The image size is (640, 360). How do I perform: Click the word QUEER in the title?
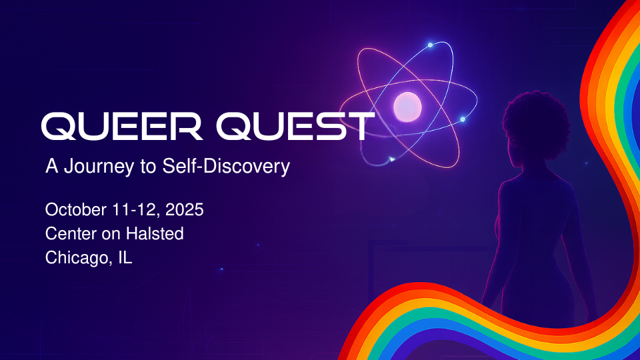point(122,127)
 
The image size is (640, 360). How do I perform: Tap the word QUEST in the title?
point(295,127)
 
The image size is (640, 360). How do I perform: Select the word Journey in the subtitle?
point(99,167)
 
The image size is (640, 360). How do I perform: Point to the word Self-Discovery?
point(226,167)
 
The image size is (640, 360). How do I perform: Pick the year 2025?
point(185,210)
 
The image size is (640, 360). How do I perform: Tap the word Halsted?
point(155,234)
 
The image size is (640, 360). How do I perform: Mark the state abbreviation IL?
point(125,258)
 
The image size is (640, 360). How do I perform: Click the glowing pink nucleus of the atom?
point(407,107)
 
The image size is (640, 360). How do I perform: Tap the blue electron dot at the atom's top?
point(430,45)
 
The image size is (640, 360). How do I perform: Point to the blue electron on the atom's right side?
point(463,119)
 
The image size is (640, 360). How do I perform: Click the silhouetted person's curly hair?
point(535,121)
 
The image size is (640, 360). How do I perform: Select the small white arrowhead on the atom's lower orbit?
point(392,159)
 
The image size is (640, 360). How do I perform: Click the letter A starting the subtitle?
point(51,167)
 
